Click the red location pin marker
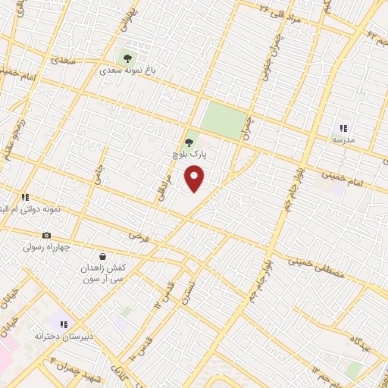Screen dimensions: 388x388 pos(195,179)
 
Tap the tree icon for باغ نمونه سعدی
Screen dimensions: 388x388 pos(127,56)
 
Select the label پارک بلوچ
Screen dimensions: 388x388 pos(189,154)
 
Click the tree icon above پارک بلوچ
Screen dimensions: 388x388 pos(189,141)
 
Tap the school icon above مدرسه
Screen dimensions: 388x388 pos(343,129)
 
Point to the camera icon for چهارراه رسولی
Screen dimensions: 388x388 pos(47,236)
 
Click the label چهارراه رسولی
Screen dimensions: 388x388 pos(47,248)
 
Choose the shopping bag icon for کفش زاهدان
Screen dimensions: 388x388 pos(102,256)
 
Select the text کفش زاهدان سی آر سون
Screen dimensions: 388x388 pos(103,275)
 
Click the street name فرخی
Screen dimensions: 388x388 pos(136,237)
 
